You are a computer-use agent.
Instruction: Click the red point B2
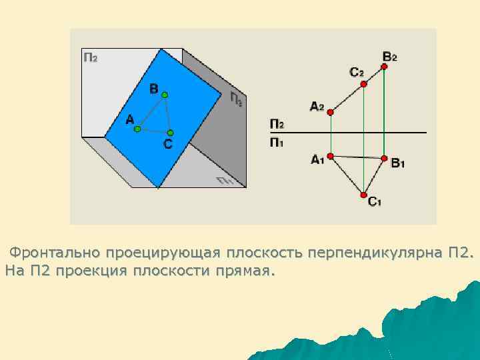click(x=385, y=66)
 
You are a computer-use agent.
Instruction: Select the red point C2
click(x=363, y=83)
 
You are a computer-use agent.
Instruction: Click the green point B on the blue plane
click(x=165, y=95)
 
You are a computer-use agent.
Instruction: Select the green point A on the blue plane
click(x=137, y=129)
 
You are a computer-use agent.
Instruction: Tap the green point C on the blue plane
click(x=171, y=133)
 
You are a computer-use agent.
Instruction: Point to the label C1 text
click(x=375, y=202)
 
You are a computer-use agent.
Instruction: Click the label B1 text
click(x=398, y=163)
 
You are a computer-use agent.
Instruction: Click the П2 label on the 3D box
click(x=90, y=57)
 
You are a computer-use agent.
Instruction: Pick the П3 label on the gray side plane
click(x=236, y=99)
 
